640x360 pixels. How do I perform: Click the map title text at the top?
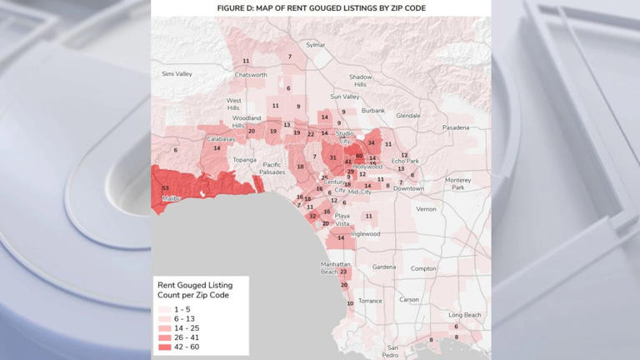(321, 7)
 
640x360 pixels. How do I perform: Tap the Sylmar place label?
(316, 45)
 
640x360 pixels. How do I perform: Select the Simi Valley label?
(177, 74)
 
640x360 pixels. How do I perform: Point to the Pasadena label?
(456, 127)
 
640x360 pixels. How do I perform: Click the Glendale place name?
(408, 116)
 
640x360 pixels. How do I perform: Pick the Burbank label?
(373, 111)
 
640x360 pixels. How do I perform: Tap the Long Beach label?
(465, 315)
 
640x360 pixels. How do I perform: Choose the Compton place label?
(423, 268)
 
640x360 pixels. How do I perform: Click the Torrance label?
(370, 301)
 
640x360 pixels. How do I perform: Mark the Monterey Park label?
(458, 183)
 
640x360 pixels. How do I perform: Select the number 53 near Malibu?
(165, 188)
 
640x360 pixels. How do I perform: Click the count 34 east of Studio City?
(372, 143)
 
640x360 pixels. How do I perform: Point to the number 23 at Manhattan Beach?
(343, 272)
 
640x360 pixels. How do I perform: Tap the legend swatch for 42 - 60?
(163, 347)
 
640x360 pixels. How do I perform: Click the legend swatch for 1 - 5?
(163, 310)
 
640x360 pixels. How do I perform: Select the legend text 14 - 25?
(187, 328)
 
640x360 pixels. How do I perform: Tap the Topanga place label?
(245, 160)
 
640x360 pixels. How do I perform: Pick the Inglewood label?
(365, 234)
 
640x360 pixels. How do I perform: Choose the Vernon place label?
(426, 209)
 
